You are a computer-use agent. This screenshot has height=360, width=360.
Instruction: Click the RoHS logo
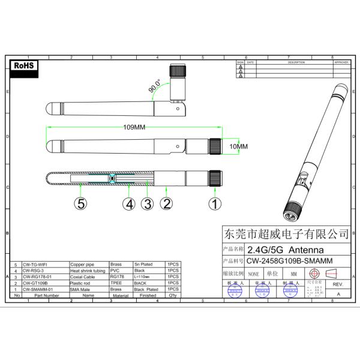[x=26, y=65]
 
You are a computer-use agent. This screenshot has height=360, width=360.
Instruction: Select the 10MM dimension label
[x=238, y=146]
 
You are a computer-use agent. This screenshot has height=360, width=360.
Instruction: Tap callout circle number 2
[x=167, y=203]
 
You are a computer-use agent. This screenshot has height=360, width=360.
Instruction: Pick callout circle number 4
[x=128, y=203]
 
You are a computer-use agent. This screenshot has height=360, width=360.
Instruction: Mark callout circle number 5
[x=80, y=203]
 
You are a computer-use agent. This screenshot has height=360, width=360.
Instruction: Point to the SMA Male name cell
[x=82, y=289]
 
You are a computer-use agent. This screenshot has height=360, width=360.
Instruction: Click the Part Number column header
[x=46, y=296]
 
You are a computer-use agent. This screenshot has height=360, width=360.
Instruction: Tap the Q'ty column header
[x=172, y=296]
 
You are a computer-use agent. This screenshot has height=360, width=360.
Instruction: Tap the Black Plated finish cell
[x=143, y=289]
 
